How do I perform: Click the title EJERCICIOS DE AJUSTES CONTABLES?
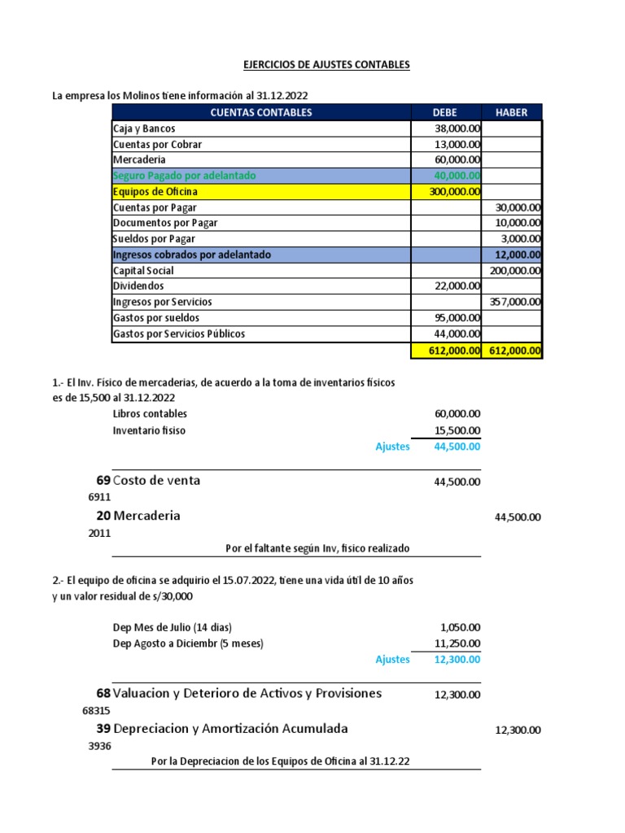[x=312, y=64]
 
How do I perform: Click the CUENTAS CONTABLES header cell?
[x=260, y=112]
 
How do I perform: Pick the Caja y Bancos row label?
[x=144, y=129]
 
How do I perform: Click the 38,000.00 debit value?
[x=458, y=129]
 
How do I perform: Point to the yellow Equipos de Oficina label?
[x=155, y=192]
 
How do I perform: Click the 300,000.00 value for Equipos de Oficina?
[x=455, y=192]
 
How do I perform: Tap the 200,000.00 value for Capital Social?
[x=515, y=271]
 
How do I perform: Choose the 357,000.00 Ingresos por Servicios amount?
[x=515, y=302]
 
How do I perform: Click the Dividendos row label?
[x=138, y=286]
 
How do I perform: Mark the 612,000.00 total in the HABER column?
[x=515, y=351]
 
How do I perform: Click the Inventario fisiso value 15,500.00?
[x=457, y=430]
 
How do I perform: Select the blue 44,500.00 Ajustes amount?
[x=457, y=447]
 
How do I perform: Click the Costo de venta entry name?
[x=157, y=481]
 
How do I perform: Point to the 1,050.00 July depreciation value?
[x=461, y=627]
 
